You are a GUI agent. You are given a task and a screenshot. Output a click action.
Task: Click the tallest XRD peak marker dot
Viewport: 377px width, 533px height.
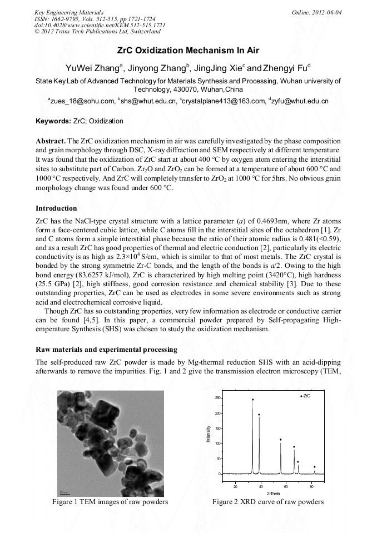pyautogui.click(x=252, y=399)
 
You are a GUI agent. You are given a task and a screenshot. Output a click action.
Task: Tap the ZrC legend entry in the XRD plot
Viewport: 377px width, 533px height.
pyautogui.click(x=305, y=396)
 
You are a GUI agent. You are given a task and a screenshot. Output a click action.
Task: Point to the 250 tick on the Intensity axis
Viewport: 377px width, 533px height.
pyautogui.click(x=219, y=398)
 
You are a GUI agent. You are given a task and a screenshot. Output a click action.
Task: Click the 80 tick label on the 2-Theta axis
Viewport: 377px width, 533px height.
pyautogui.click(x=312, y=486)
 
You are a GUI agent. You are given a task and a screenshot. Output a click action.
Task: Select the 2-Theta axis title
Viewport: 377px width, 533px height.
pyautogui.click(x=273, y=494)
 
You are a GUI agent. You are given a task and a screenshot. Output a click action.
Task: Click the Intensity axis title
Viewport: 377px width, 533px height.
pyautogui.click(x=209, y=434)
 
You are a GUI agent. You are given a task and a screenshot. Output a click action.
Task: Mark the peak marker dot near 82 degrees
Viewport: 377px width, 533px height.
pyautogui.click(x=315, y=467)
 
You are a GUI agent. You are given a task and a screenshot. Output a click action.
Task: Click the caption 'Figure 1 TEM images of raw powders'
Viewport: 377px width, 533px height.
pyautogui.click(x=110, y=502)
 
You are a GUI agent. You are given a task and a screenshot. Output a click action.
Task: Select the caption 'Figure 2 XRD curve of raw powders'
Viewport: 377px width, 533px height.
pyautogui.click(x=268, y=502)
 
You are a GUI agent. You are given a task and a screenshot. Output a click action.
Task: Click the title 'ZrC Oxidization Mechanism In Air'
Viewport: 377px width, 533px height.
pyautogui.click(x=188, y=50)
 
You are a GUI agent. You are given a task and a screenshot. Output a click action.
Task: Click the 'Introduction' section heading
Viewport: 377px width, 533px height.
pyautogui.click(x=56, y=208)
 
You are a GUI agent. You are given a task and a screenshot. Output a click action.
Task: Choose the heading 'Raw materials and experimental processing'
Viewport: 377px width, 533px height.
pyautogui.click(x=106, y=350)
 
